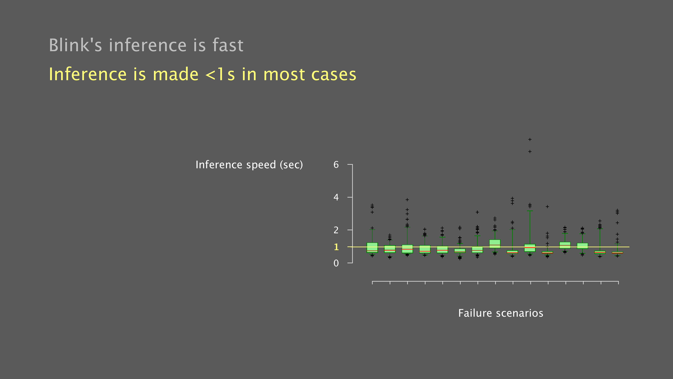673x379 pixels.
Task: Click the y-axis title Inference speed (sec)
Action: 249,165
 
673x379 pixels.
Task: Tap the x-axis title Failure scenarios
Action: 501,313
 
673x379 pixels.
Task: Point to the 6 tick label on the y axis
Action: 336,165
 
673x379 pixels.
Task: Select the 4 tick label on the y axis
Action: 336,197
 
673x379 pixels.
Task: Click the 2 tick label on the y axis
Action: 336,230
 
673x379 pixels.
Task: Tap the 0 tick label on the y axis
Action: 336,263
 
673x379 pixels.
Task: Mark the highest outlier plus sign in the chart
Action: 530,139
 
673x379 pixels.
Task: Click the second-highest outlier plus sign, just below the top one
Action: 530,151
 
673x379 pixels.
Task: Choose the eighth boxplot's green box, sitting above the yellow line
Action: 495,244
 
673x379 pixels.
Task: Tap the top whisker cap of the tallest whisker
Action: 530,211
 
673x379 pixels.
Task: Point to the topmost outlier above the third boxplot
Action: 407,200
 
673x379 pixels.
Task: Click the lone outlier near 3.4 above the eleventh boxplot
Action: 547,207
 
